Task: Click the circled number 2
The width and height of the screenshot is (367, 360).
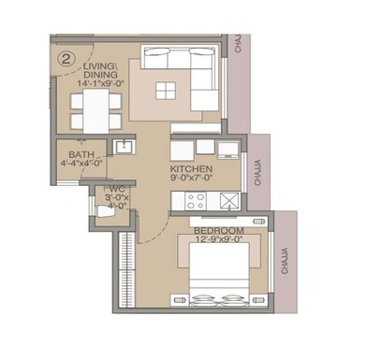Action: (x=66, y=57)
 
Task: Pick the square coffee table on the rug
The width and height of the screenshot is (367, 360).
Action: (x=166, y=91)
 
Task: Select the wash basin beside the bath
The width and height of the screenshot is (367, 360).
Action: (x=122, y=146)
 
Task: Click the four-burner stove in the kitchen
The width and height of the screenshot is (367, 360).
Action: (x=196, y=199)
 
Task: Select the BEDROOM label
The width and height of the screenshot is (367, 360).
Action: (x=219, y=230)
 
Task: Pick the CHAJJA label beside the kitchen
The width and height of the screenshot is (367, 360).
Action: (x=258, y=173)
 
